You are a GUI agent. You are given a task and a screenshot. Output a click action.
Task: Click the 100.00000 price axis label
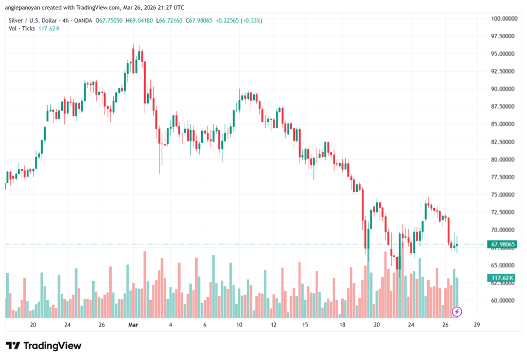(503, 19)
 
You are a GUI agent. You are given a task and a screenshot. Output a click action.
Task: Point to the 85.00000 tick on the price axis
(503, 124)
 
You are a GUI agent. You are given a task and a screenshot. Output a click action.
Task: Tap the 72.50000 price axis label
(503, 212)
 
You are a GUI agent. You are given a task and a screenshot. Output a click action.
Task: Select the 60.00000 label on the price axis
(503, 300)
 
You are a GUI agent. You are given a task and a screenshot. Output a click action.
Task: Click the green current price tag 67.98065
(504, 244)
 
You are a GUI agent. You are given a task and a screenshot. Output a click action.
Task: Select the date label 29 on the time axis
(478, 325)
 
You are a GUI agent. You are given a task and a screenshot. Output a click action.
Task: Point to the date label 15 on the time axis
(305, 325)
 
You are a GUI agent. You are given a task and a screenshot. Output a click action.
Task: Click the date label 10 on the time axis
(239, 325)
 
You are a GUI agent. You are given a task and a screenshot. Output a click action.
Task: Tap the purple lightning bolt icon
(456, 311)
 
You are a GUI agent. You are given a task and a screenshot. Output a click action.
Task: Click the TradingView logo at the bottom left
(43, 346)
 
